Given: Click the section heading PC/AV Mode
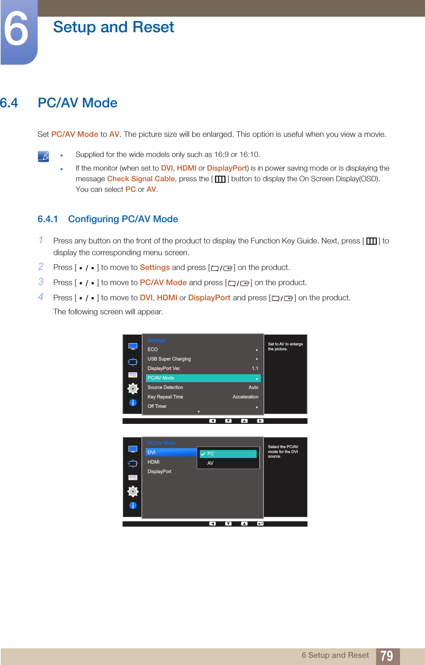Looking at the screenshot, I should point(77,103).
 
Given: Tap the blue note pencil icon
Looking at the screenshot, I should point(44,156).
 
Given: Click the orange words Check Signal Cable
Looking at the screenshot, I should point(141,179).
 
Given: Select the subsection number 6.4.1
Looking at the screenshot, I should point(47,219).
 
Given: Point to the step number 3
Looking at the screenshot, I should point(41,282).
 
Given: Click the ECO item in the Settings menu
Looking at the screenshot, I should point(153,350).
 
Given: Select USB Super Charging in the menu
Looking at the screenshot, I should point(169,359).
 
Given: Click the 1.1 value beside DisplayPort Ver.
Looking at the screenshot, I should point(255,369).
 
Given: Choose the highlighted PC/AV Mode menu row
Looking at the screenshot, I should point(203,378).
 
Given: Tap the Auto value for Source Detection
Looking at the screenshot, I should point(253,387).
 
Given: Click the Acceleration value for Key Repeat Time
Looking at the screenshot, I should point(245,397).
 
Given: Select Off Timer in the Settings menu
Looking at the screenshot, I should point(157,406).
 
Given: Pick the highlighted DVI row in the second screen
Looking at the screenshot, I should point(171,452).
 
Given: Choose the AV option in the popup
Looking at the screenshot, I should point(210,463).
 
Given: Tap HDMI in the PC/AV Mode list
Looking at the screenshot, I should point(154,462).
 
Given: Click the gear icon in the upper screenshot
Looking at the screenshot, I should point(133,389).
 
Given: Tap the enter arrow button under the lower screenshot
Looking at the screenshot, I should point(260,524).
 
